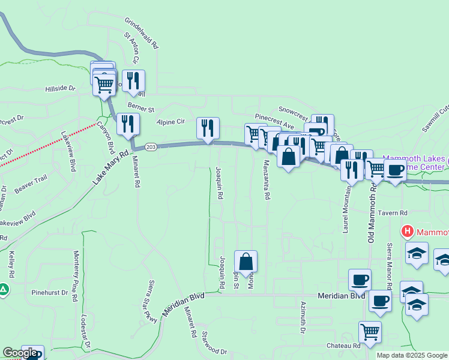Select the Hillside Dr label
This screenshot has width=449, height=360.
(x=61, y=88)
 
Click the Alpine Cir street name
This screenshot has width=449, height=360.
(x=170, y=121)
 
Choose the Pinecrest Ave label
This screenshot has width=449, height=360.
(x=274, y=118)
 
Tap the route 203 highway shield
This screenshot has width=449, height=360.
(x=151, y=148)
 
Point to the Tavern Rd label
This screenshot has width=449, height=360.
(x=396, y=212)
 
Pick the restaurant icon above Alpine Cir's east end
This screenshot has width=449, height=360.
(x=208, y=127)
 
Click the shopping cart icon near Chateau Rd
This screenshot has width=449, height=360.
(x=370, y=331)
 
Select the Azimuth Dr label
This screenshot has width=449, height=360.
(x=304, y=318)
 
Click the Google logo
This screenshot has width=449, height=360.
(x=19, y=353)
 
